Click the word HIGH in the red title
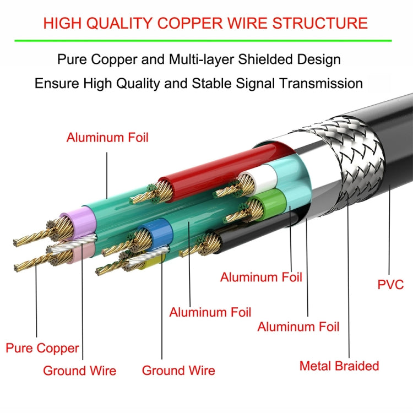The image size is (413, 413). click(x=64, y=23)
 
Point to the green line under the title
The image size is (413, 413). click(x=206, y=41)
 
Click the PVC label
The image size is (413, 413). click(x=390, y=285)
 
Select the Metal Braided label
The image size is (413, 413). click(x=339, y=366)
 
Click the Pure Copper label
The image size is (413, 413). click(x=42, y=348)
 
